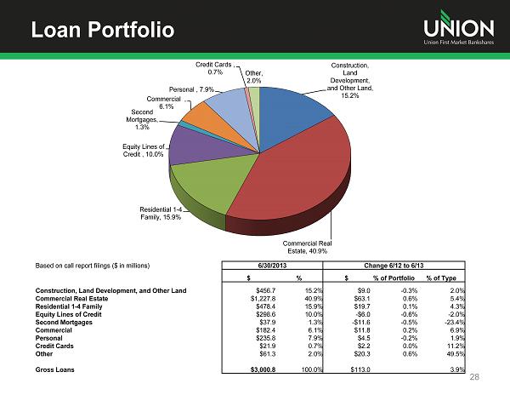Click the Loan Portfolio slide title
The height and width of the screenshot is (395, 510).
click(102, 31)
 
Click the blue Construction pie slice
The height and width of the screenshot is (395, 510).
click(293, 106)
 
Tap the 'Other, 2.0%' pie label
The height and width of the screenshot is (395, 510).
click(253, 77)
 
